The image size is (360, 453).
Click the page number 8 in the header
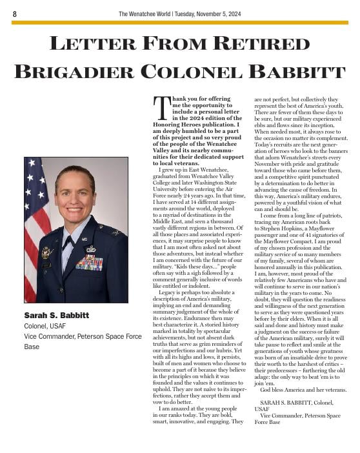pos(15,14)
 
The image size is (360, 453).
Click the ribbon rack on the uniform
pos(88,263)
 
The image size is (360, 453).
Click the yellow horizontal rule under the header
pos(180,23)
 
